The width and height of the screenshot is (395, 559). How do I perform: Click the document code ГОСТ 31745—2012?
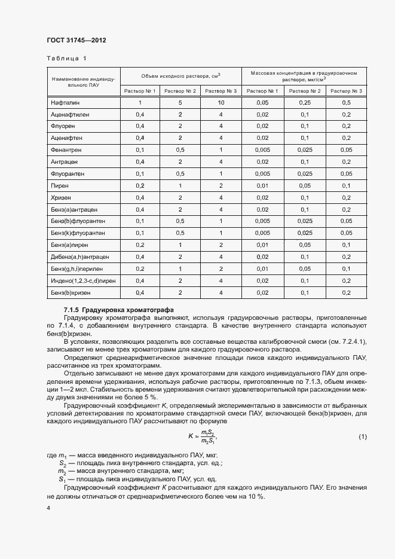click(x=76, y=41)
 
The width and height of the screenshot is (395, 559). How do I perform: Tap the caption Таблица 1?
click(x=66, y=59)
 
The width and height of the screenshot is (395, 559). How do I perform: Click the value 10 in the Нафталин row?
click(x=221, y=103)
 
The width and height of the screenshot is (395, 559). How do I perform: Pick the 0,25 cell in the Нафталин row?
click(x=304, y=103)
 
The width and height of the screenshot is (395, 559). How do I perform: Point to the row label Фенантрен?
click(x=68, y=149)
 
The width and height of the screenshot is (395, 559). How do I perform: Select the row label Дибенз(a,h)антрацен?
click(x=79, y=256)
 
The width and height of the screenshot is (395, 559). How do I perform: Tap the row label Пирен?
click(x=61, y=185)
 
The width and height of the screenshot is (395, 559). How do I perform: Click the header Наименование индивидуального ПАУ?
click(x=83, y=82)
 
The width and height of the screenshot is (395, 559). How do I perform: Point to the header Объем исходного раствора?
click(x=180, y=76)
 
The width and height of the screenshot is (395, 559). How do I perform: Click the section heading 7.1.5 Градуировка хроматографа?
click(x=119, y=310)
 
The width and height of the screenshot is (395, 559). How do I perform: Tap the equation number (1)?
click(x=363, y=437)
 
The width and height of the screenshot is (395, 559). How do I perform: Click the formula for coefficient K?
click(x=200, y=437)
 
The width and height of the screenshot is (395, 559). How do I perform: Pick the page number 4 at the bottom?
click(x=48, y=508)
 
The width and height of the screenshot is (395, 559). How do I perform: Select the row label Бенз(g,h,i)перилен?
click(x=76, y=268)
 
